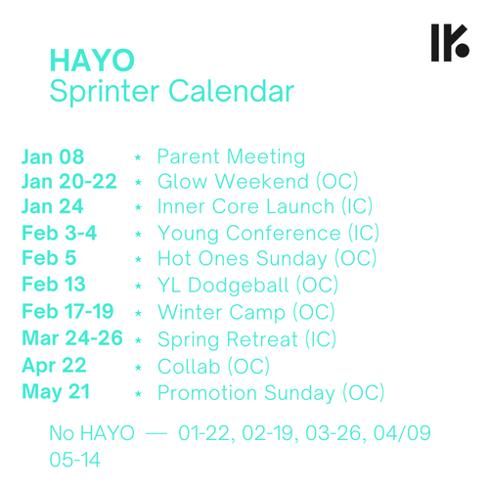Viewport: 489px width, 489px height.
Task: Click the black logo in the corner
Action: coord(450,42)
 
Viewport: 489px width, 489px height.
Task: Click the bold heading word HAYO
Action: coord(92,61)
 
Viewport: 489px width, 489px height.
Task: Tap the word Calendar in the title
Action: coord(232,91)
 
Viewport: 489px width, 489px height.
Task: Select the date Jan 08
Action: coord(53,156)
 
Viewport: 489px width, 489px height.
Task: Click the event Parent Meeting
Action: coord(232,157)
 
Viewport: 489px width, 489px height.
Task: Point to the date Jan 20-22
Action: coord(69,181)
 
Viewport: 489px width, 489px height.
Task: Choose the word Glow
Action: coord(182,181)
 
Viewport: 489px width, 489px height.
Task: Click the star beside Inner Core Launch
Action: coord(138,207)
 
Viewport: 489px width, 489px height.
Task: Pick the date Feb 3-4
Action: coord(60,233)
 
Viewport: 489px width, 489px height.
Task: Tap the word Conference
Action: coord(284,234)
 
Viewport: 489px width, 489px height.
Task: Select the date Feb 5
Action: coord(49,258)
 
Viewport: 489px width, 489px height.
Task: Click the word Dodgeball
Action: coord(239,286)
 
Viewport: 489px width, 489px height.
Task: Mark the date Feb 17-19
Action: coord(67,311)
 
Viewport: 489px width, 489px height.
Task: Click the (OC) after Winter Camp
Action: coord(314,312)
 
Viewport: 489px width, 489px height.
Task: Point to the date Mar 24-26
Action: coord(72,338)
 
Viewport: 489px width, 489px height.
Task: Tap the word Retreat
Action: coord(262,339)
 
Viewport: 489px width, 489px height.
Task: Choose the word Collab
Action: coord(189,367)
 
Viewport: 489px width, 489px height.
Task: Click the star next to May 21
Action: coord(138,394)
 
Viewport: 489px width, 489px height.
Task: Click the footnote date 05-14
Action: coord(74,460)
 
